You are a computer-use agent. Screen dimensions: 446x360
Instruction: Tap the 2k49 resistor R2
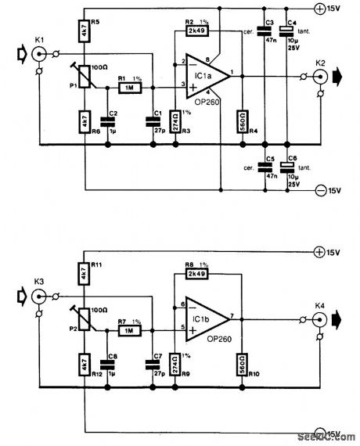195,31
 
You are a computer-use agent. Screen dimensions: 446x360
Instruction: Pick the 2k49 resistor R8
195,275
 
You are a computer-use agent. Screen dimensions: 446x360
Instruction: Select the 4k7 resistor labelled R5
83,30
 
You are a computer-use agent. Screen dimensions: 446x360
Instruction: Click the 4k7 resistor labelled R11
83,273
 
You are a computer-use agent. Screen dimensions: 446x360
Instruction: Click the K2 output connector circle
320,77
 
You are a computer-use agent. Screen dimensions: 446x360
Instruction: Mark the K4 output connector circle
320,318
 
